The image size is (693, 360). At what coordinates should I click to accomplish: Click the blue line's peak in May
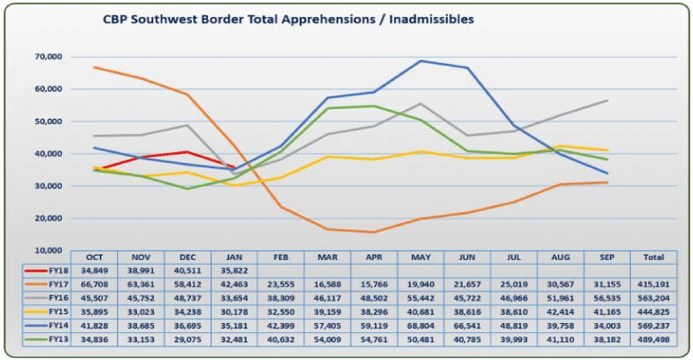(420, 61)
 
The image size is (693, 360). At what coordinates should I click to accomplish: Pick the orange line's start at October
(95, 67)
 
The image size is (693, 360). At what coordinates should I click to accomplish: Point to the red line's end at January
(233, 167)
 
